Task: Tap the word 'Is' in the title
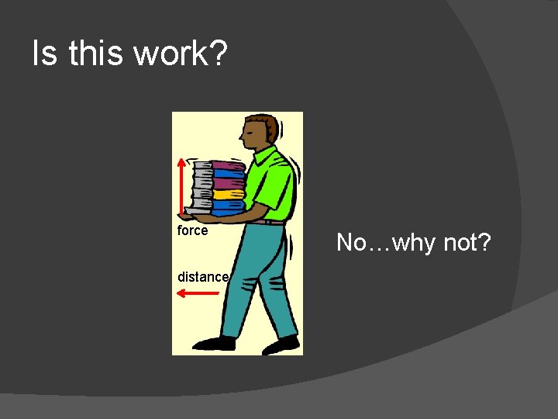click(x=44, y=54)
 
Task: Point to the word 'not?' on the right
click(x=467, y=243)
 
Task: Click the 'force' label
click(x=192, y=230)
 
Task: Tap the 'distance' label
click(x=202, y=277)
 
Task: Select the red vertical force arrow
click(x=181, y=186)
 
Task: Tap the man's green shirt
click(x=275, y=186)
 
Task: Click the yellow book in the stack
click(x=229, y=195)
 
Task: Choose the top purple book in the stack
click(x=228, y=165)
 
